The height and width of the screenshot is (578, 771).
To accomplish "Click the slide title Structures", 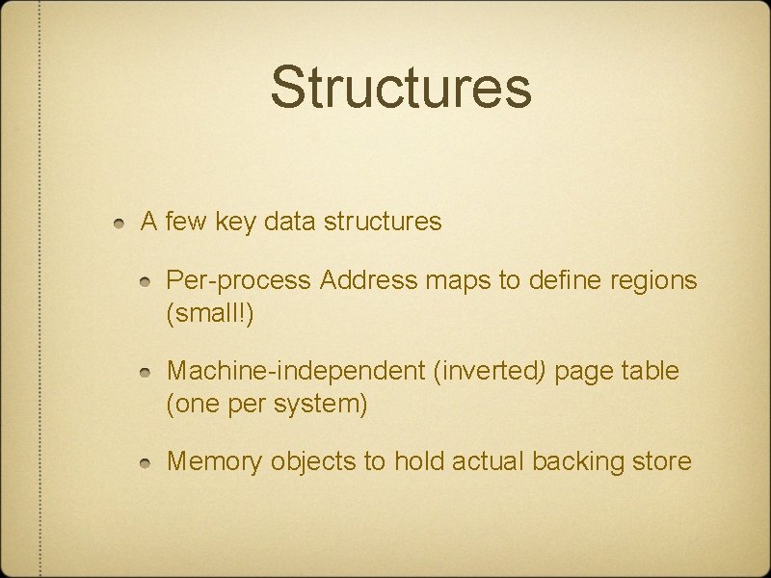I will [400, 87].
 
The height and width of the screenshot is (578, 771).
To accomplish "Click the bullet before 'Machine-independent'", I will [146, 372].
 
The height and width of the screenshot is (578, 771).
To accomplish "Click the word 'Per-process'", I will [239, 281].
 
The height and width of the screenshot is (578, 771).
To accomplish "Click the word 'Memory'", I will [214, 462].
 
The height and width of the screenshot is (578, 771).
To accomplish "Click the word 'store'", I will [662, 462].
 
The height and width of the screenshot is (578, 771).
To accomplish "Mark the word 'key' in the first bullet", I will [228, 223].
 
